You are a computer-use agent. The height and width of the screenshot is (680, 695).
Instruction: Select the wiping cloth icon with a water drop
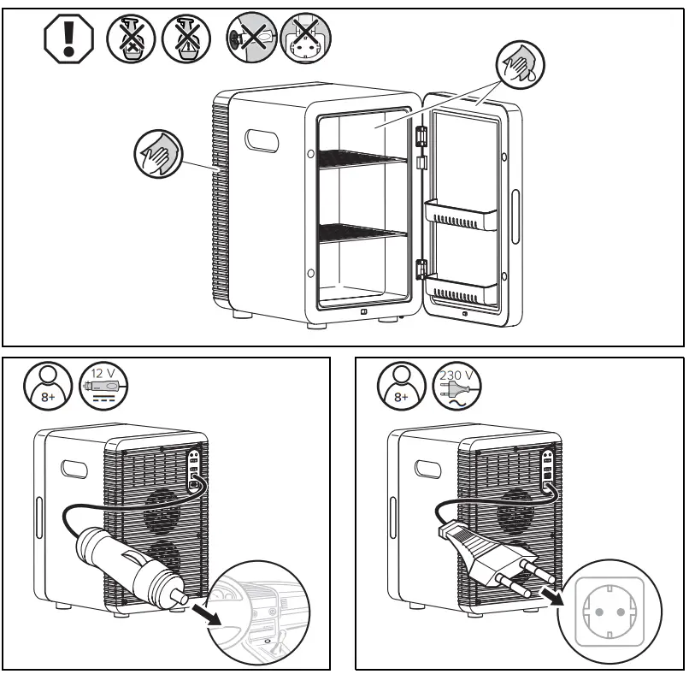point(520,68)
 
